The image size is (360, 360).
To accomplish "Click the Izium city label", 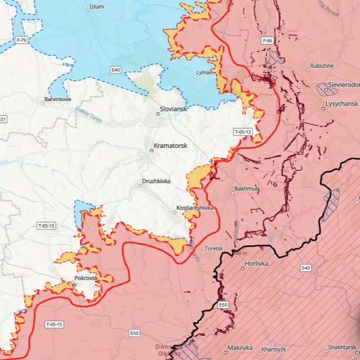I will point(96,7).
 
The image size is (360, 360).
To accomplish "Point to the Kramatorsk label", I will point(170,145).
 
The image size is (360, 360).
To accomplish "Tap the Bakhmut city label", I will point(247,189).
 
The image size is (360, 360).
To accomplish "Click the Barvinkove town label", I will point(57,100).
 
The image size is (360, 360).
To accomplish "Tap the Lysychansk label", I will point(342,103).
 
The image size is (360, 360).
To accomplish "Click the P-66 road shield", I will point(268,40).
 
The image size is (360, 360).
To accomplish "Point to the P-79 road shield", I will point(21,40).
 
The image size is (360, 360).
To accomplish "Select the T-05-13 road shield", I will point(243,131).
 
